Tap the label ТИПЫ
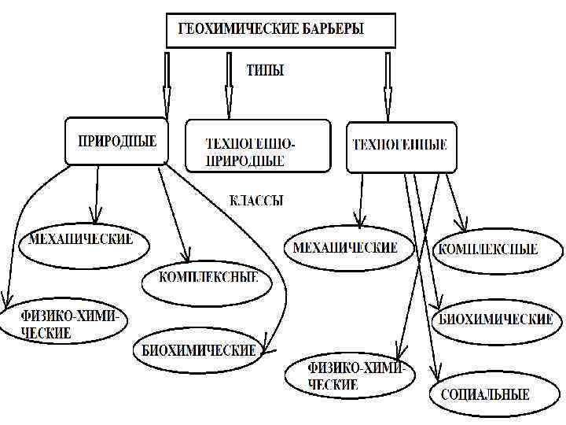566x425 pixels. [x=265, y=71]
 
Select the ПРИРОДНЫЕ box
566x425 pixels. [x=116, y=142]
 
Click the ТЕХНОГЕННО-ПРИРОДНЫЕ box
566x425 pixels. [x=257, y=146]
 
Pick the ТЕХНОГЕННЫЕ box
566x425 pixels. [x=400, y=146]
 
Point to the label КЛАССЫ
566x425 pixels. [x=256, y=201]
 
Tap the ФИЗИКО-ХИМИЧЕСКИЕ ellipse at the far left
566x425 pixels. [x=61, y=324]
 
